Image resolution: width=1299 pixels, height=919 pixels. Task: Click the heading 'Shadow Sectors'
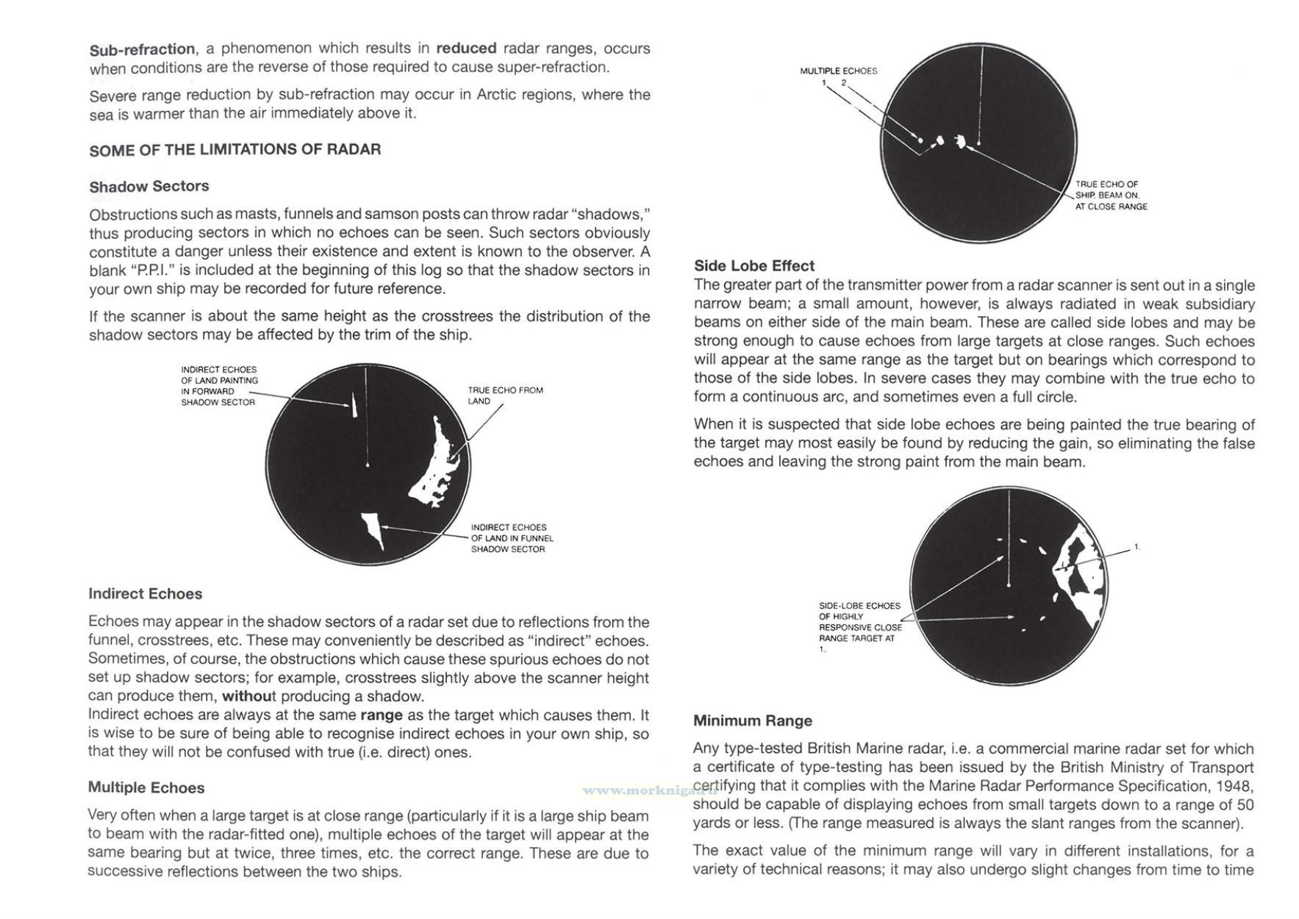pyautogui.click(x=149, y=187)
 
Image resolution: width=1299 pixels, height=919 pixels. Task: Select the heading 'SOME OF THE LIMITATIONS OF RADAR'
pyautogui.click(x=235, y=150)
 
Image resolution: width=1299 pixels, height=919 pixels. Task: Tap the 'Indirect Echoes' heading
pyautogui.click(x=145, y=594)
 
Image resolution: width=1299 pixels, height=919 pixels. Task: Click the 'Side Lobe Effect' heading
pyautogui.click(x=754, y=266)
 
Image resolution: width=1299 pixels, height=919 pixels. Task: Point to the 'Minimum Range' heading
pyautogui.click(x=752, y=721)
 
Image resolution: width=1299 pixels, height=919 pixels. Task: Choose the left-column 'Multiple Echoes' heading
pyautogui.click(x=146, y=788)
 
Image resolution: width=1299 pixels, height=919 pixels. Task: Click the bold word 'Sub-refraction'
pyautogui.click(x=142, y=50)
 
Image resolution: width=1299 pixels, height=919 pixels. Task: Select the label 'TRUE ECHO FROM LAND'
pyautogui.click(x=505, y=396)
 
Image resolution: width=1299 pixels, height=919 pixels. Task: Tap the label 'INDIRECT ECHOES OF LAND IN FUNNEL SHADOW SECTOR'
pyautogui.click(x=512, y=538)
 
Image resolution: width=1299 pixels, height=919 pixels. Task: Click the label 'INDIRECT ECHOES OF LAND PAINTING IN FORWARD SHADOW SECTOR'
pyautogui.click(x=219, y=386)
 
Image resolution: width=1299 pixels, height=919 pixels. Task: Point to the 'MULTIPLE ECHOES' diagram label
pyautogui.click(x=838, y=71)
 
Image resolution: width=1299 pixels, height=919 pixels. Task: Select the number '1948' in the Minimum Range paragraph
pyautogui.click(x=1237, y=787)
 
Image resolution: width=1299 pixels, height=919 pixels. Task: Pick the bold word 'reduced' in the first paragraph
pyautogui.click(x=466, y=49)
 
